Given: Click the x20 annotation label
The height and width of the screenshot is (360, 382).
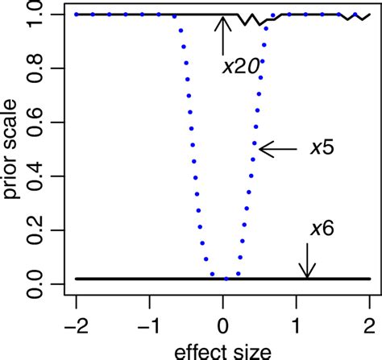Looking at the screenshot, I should [240, 67].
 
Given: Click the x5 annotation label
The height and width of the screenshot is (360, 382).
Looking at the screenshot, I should [323, 149].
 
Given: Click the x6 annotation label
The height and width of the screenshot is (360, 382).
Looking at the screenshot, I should [322, 228].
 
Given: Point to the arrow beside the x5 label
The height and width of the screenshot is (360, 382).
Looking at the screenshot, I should [278, 148].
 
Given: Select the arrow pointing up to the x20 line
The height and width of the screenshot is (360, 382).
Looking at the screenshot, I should [223, 35].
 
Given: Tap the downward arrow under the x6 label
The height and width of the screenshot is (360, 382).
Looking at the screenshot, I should [306, 260].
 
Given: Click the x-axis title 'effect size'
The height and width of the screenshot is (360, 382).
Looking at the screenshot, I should [222, 351].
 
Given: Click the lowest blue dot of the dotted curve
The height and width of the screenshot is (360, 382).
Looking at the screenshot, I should [226, 279].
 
